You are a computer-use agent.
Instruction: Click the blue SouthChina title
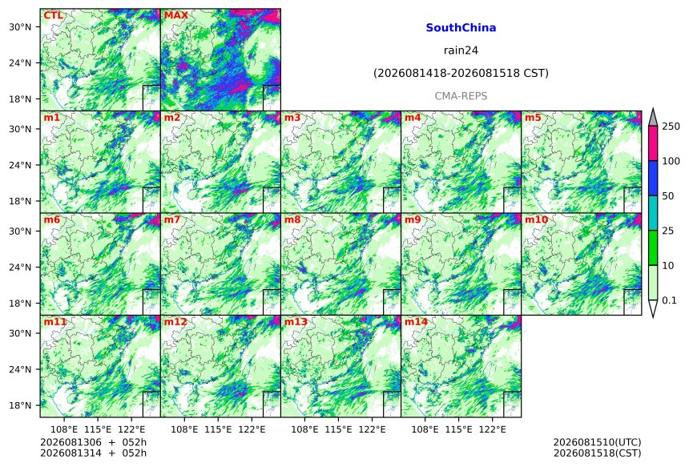[461, 28]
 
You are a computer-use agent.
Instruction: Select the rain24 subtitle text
[461, 50]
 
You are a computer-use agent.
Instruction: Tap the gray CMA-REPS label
[461, 96]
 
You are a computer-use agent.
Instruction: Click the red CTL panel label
[53, 15]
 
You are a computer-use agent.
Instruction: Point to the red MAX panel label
[175, 15]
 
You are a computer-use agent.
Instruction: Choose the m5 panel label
[533, 118]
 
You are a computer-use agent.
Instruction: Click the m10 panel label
[536, 219]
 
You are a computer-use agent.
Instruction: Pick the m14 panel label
[416, 321]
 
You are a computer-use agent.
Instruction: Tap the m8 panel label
[292, 219]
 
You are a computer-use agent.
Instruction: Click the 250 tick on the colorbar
[671, 127]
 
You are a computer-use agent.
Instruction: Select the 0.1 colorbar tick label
[669, 300]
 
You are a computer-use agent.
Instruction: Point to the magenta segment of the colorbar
[653, 143]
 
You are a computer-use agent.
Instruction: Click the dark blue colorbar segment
[653, 178]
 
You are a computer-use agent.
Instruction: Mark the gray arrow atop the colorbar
[653, 119]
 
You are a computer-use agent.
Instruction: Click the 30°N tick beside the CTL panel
[20, 26]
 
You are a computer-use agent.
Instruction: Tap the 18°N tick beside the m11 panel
[20, 405]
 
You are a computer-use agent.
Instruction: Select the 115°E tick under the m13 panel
[338, 429]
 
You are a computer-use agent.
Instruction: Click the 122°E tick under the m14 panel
[492, 429]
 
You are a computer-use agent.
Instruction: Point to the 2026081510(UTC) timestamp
[597, 442]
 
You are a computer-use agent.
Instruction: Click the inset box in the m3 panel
[392, 200]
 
